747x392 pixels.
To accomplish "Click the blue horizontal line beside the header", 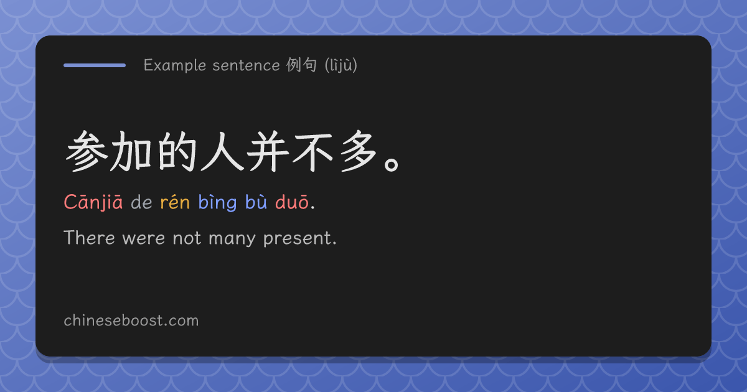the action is [95, 65].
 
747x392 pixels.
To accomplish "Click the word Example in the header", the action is [175, 65].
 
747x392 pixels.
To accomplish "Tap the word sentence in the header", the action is [246, 65].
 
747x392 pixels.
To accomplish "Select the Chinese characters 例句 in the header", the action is [301, 65].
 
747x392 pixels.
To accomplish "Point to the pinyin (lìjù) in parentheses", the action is [341, 65].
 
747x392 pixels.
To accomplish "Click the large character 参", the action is [87, 151].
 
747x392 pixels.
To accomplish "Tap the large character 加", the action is [131, 152].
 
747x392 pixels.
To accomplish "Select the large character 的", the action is [177, 152].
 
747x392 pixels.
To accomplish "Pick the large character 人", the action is [223, 152].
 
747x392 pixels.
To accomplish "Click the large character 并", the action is [268, 152].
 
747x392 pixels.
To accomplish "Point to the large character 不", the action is [312, 152].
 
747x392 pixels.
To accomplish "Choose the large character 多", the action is [359, 151].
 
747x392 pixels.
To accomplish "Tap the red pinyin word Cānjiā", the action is [93, 203].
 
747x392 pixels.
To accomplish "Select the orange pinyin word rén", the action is [175, 203].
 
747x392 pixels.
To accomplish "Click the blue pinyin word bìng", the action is [217, 203].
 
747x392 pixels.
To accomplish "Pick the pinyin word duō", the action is [292, 202].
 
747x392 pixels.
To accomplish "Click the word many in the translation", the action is [232, 239].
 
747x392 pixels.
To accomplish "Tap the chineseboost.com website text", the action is [131, 320].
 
